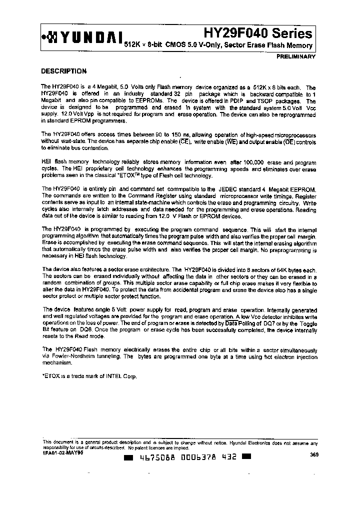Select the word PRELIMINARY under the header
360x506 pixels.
coord(296,56)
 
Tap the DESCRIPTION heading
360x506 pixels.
coord(63,71)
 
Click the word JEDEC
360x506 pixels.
coord(215,190)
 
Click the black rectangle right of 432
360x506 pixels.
coord(245,457)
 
